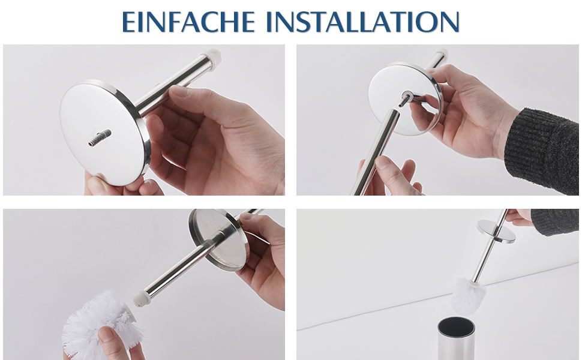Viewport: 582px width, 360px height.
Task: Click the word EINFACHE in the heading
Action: (188, 22)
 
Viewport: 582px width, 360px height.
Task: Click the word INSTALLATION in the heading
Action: (362, 22)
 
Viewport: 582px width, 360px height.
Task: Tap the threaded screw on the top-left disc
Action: (100, 137)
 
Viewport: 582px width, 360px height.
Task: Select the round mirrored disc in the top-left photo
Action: (105, 133)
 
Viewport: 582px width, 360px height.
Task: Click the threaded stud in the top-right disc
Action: (404, 99)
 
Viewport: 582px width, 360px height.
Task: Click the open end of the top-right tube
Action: (393, 111)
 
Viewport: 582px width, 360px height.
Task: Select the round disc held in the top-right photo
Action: (406, 98)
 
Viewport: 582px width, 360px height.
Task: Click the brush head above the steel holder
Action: (469, 294)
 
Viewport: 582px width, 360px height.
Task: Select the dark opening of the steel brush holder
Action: (456, 327)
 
